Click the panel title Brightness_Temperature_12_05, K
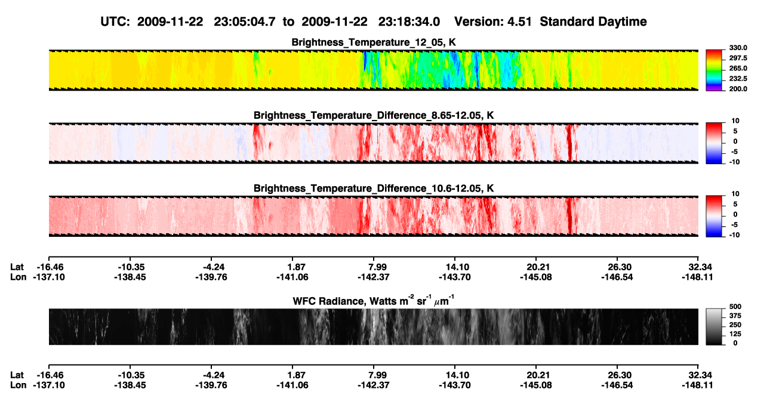tap(374, 42)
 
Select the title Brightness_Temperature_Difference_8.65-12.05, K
tap(374, 115)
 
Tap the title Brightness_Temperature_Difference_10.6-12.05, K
tap(374, 189)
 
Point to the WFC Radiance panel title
tap(374, 300)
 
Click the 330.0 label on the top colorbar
tap(738, 48)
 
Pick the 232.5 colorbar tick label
tap(738, 79)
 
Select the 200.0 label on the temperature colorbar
tap(738, 89)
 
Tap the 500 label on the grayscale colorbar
tap(735, 307)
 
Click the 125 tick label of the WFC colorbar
tap(735, 334)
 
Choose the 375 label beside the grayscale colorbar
tap(735, 316)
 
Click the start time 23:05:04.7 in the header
tap(245, 22)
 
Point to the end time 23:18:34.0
tap(409, 22)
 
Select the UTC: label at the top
tap(115, 22)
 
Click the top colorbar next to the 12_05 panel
tap(714, 70)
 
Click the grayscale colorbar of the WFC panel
tap(714, 326)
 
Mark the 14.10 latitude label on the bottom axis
tap(455, 375)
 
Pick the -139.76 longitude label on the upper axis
tap(211, 277)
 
